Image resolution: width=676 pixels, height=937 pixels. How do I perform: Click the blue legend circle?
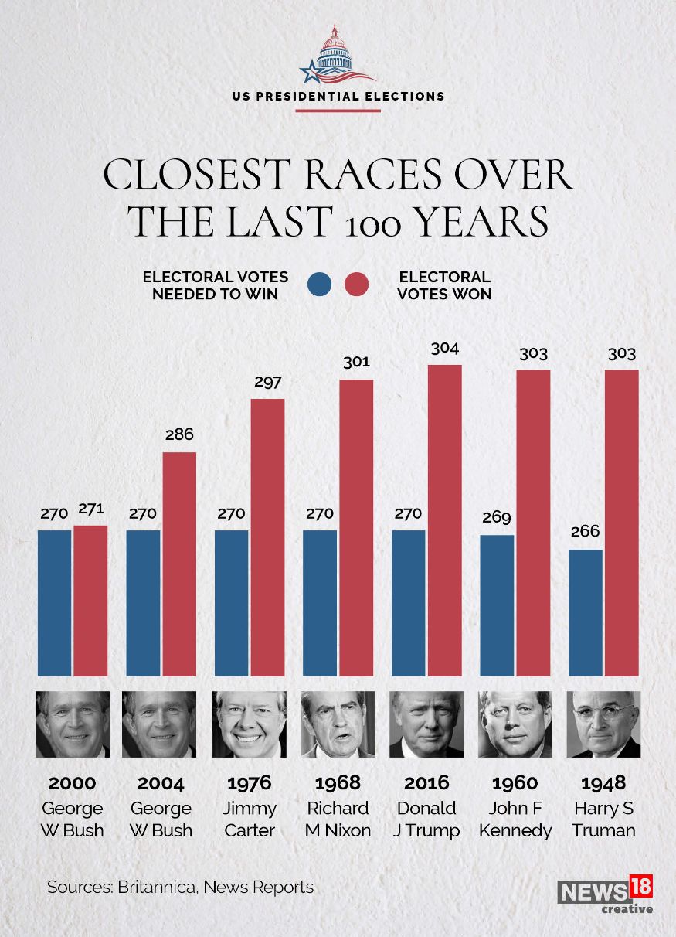pyautogui.click(x=319, y=285)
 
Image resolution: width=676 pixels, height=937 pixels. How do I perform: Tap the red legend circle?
pyautogui.click(x=356, y=285)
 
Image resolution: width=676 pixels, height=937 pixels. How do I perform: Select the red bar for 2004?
pyautogui.click(x=179, y=564)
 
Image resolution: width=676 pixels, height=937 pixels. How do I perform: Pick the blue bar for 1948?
pyautogui.click(x=586, y=612)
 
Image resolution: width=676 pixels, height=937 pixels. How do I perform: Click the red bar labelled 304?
pyautogui.click(x=445, y=520)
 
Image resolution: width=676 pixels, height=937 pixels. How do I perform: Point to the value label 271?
pyautogui.click(x=90, y=509)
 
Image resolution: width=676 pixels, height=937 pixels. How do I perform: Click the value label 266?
pyautogui.click(x=585, y=532)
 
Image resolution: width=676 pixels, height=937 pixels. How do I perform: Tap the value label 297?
pyautogui.click(x=267, y=382)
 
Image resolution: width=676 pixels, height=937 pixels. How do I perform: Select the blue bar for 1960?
pyautogui.click(x=497, y=605)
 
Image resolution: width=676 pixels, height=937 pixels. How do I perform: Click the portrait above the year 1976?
pyautogui.click(x=249, y=724)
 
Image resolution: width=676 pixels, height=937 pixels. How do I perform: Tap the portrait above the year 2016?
pyautogui.click(x=426, y=724)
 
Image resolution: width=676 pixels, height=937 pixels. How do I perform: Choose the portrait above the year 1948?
pyautogui.click(x=603, y=724)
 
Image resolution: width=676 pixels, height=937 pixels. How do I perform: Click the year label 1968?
pyautogui.click(x=338, y=783)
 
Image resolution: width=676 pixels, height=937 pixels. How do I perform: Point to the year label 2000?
pyautogui.click(x=72, y=783)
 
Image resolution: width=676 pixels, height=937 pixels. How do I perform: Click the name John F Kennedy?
pyautogui.click(x=515, y=819)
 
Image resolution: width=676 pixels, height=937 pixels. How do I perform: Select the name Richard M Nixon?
pyautogui.click(x=338, y=819)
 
